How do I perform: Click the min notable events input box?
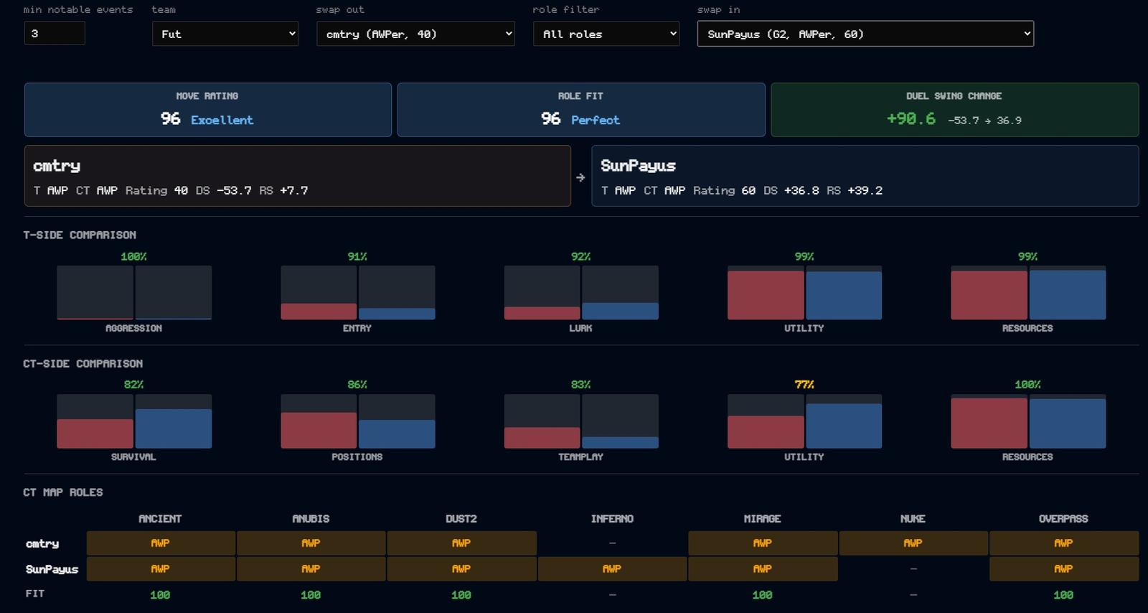click(x=55, y=33)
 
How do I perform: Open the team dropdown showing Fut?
click(x=225, y=34)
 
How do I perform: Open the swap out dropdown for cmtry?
click(x=415, y=34)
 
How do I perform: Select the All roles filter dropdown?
click(x=606, y=34)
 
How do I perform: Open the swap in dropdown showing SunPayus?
click(x=865, y=34)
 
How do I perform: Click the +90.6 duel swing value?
click(x=911, y=119)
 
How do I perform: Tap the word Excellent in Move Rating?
click(x=222, y=120)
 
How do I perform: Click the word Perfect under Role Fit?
click(x=596, y=120)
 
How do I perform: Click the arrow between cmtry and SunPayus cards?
click(x=580, y=177)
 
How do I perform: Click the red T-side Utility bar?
click(x=766, y=295)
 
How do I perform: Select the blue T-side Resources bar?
click(x=1068, y=295)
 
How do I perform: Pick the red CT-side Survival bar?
click(x=95, y=434)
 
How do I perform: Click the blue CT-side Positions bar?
click(x=397, y=434)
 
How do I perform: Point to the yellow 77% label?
click(x=804, y=385)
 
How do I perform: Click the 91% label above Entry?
click(x=357, y=256)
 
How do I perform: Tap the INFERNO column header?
click(x=612, y=519)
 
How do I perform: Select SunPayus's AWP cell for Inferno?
click(x=612, y=569)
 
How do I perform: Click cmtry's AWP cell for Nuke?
click(x=913, y=543)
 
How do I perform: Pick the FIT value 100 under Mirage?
click(x=762, y=595)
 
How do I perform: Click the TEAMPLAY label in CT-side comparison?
click(x=580, y=457)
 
